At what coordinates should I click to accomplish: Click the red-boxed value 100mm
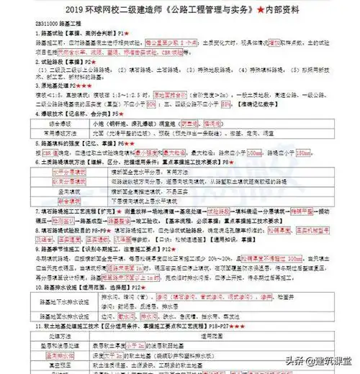(x=256, y=152)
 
